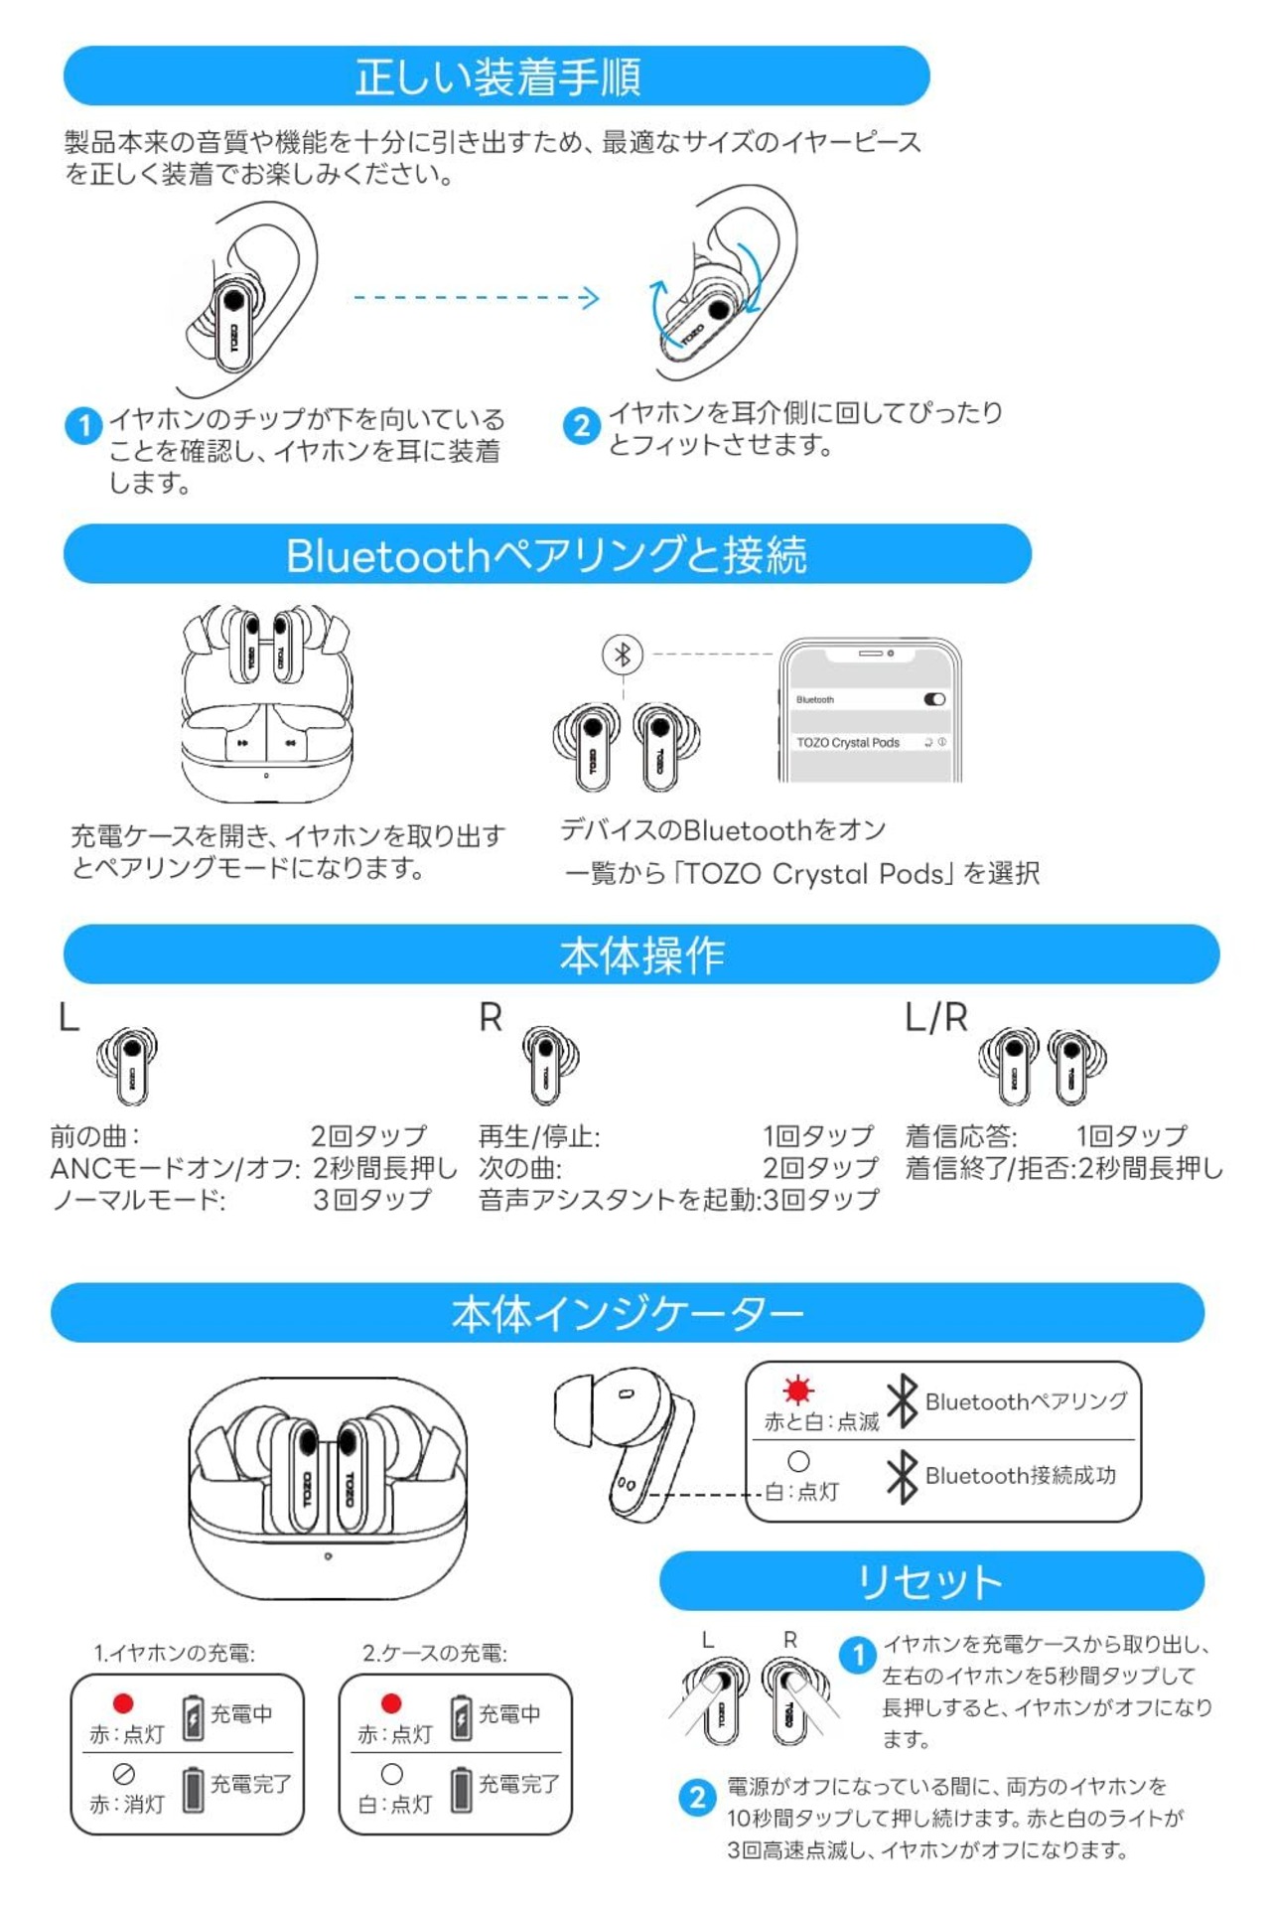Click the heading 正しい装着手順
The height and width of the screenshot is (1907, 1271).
[x=497, y=77]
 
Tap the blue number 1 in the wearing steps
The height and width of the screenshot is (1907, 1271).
[x=83, y=425]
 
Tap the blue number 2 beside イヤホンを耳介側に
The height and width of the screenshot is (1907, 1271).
[x=581, y=425]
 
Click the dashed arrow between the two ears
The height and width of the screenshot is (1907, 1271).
[x=477, y=297]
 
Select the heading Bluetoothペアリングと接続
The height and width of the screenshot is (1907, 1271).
[x=546, y=554]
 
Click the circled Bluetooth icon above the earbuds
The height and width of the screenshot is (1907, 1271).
[x=623, y=654]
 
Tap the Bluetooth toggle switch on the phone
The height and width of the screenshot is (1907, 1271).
[x=934, y=699]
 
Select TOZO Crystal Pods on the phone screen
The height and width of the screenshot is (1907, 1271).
[x=848, y=742]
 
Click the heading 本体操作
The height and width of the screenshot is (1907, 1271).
[x=641, y=954]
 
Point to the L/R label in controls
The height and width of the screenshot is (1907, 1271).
[x=936, y=1017]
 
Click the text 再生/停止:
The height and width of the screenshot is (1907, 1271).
[x=539, y=1135]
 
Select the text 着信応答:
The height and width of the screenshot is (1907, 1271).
[x=961, y=1135]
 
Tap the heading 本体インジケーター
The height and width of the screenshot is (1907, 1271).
[x=628, y=1313]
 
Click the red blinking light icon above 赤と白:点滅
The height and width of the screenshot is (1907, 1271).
[x=797, y=1389]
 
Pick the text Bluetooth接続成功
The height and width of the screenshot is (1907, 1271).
[x=1021, y=1475]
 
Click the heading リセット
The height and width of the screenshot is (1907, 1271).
[x=930, y=1581]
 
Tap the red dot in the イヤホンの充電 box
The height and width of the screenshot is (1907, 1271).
[x=123, y=1703]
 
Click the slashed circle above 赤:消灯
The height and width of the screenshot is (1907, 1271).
[x=124, y=1773]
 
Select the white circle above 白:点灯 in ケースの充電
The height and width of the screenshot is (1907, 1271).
[x=392, y=1773]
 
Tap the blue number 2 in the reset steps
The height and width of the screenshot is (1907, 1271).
[x=697, y=1796]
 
